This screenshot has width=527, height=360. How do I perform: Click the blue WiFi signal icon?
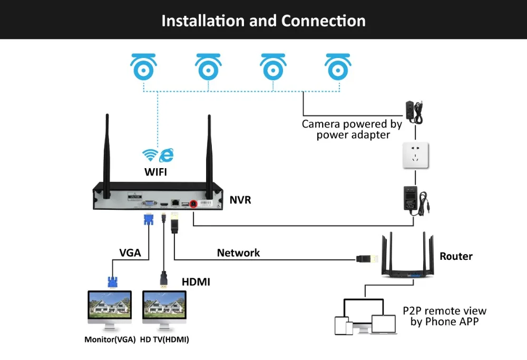[x=150, y=155]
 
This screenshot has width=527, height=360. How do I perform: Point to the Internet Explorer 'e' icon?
[x=167, y=154]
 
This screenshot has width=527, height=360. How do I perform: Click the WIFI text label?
[x=158, y=171]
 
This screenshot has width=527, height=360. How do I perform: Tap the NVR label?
[x=240, y=200]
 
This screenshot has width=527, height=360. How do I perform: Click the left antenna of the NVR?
[x=108, y=153]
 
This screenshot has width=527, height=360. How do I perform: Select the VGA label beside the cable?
[x=130, y=252]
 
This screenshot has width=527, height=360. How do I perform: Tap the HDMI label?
[x=196, y=282]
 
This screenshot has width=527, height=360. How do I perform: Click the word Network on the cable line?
[x=238, y=253]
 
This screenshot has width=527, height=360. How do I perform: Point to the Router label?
[x=456, y=256]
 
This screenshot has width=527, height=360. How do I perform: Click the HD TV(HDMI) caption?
[x=164, y=339]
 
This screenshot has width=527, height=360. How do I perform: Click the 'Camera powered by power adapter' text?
[x=352, y=130]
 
